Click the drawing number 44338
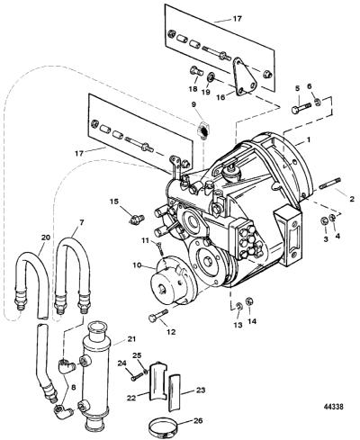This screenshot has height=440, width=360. (x=333, y=407)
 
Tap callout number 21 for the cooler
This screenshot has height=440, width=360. (x=131, y=339)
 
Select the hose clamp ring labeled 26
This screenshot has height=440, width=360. (x=163, y=427)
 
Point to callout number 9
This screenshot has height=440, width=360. (x=193, y=104)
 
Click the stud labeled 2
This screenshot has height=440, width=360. (x=329, y=184)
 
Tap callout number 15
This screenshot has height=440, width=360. (x=114, y=202)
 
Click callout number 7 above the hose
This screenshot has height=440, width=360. (x=82, y=222)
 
